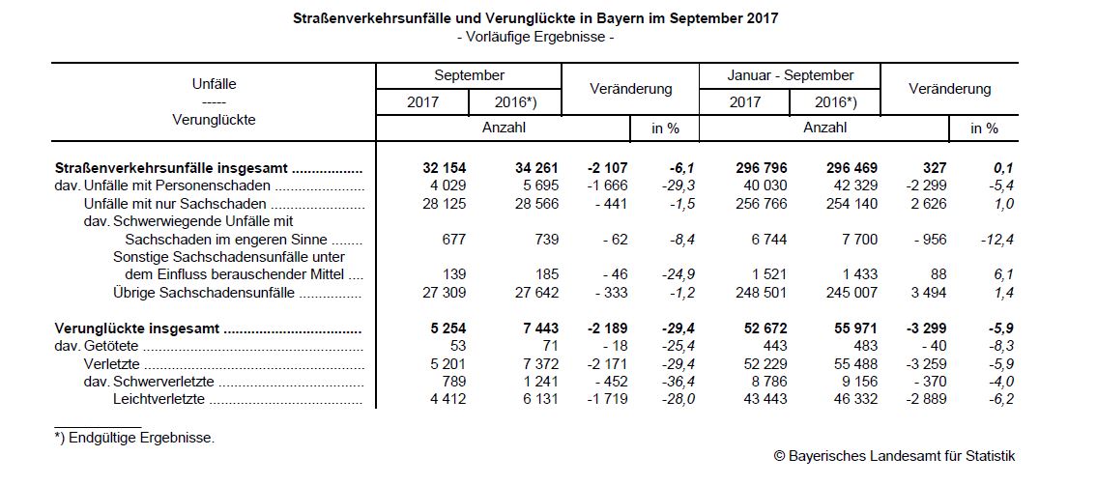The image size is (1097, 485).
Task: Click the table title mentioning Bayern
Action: pos(534,18)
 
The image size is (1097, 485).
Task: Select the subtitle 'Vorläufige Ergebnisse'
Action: pos(534,37)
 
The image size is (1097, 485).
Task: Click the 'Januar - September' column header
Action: pos(790,75)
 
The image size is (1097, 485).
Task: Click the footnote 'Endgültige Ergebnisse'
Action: pos(134,438)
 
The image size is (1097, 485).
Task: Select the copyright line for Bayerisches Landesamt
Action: pos(894,456)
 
